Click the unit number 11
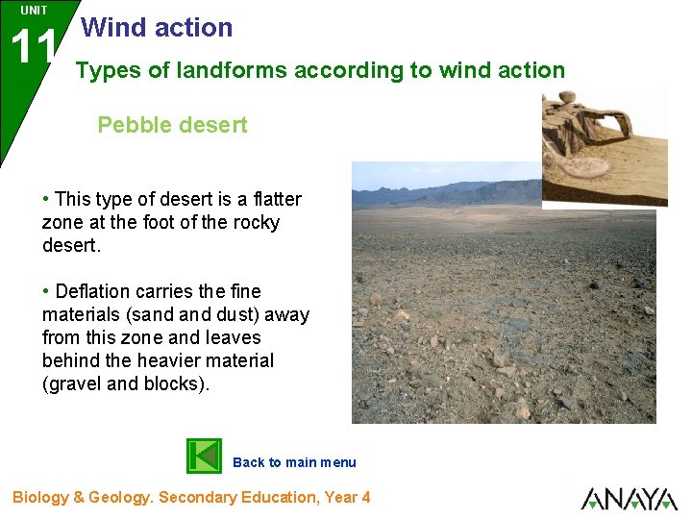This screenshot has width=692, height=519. [32, 47]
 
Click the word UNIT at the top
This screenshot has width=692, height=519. [34, 11]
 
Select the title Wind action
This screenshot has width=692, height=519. [158, 28]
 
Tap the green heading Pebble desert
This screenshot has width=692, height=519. [172, 125]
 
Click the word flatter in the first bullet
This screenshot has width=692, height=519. [276, 199]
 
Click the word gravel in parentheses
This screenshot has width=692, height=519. [74, 383]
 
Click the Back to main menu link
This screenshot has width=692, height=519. [294, 462]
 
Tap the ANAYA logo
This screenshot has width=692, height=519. [629, 499]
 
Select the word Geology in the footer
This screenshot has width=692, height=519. [119, 497]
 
